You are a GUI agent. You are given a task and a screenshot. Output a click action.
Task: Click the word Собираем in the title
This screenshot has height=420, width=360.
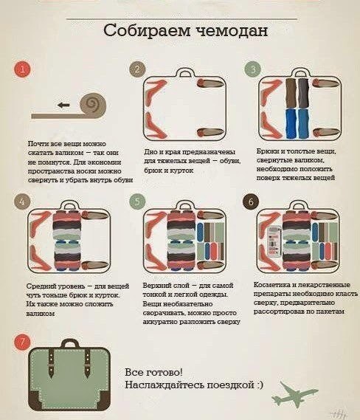pyautogui.click(x=146, y=30)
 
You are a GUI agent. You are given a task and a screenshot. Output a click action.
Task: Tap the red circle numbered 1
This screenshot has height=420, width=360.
pyautogui.click(x=22, y=69)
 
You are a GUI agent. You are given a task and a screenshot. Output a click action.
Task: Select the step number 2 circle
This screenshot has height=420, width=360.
pyautogui.click(x=137, y=69)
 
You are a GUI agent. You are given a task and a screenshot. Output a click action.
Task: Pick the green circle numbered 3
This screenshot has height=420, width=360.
pyautogui.click(x=252, y=69)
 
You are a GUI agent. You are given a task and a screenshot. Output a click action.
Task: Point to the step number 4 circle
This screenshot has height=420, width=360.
pyautogui.click(x=22, y=202)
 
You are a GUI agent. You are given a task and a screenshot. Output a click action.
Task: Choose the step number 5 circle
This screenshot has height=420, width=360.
pyautogui.click(x=137, y=202)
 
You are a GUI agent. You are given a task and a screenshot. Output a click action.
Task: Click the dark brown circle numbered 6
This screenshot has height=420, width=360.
pyautogui.click(x=251, y=202)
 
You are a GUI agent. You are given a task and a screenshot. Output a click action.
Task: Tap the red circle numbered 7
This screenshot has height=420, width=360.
pyautogui.click(x=22, y=342)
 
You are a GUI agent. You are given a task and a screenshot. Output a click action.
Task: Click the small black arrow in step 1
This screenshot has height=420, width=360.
pyautogui.click(x=63, y=105)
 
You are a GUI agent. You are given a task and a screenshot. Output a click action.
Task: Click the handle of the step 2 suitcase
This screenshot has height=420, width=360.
pyautogui.click(x=184, y=72)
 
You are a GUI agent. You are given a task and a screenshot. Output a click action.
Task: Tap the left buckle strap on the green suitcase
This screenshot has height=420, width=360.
pyautogui.click(x=51, y=363)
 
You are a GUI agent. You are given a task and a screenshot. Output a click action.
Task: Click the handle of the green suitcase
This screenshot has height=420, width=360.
pyautogui.click(x=69, y=344)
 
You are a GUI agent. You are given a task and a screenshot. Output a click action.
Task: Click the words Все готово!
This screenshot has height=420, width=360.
pyautogui.click(x=154, y=372)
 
